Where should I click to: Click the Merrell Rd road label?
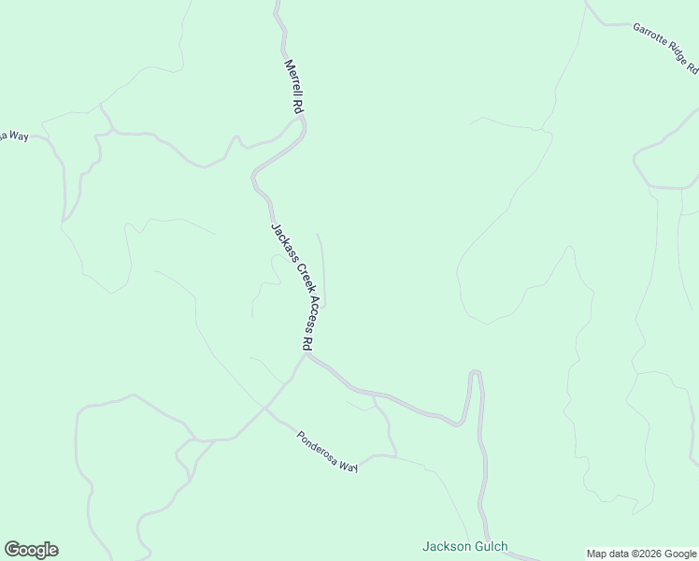(x=294, y=88)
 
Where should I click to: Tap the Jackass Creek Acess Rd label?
(x=292, y=286)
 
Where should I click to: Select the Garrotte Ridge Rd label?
(x=665, y=48)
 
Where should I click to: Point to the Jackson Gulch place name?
(x=464, y=547)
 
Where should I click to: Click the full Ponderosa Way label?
(x=327, y=452)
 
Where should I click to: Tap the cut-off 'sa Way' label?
(x=14, y=136)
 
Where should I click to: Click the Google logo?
(x=31, y=550)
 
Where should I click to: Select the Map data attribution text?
(x=642, y=554)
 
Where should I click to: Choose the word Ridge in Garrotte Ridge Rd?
(x=678, y=55)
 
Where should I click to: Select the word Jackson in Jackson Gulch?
(x=444, y=547)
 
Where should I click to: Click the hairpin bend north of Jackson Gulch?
(x=475, y=374)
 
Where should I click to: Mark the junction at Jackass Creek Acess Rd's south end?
(x=307, y=354)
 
